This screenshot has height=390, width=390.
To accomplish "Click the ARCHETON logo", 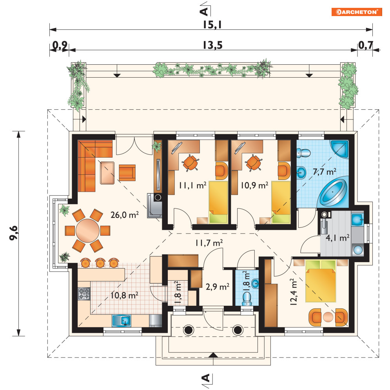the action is tap(356, 12).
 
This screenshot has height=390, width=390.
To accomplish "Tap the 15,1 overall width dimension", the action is tap(212, 25).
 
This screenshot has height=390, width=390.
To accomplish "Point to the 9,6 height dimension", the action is tap(13, 233).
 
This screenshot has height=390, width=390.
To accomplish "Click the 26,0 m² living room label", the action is tap(124, 214).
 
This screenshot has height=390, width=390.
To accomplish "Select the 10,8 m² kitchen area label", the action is tap(124, 295).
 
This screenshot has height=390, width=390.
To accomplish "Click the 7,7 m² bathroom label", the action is tap(325, 172).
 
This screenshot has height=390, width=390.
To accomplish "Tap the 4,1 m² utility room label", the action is tap(337, 238).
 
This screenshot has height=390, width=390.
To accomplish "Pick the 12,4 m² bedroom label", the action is tap(294, 292).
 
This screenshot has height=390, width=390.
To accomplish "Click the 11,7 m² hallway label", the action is tap(209, 243).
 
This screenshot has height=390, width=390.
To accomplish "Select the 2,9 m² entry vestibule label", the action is tap(218, 287).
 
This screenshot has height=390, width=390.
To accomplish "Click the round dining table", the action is tap(87, 230).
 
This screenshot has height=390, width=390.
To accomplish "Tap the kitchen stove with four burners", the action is tap(84, 294).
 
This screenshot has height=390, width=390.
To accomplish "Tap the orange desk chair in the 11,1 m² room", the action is tap(190, 163).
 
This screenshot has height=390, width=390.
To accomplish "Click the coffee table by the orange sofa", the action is tap(107, 173).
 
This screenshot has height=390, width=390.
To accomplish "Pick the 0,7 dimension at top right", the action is tap(365, 45).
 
